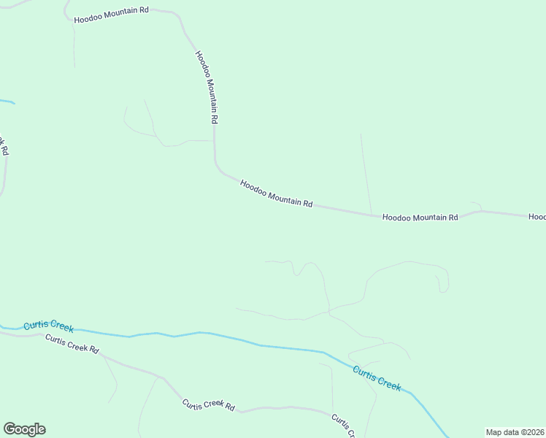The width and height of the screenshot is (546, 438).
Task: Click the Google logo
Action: pos(24,429)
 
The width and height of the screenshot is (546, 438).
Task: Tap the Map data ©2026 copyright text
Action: pos(515,432)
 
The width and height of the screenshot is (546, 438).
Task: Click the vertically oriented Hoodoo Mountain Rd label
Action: pos(207,86)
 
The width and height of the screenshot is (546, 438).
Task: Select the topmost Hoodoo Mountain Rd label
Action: pos(111,16)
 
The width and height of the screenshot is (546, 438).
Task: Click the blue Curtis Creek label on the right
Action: pos(377,378)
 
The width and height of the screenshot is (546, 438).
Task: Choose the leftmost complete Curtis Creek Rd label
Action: pos(72,343)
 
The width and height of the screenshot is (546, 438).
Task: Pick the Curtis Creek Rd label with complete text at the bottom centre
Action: pos(209,406)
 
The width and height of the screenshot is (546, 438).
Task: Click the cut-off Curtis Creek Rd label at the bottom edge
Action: pos(343,426)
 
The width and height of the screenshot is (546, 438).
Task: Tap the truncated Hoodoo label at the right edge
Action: pos(537,217)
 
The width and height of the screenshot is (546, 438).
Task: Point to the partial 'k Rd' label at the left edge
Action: pos(3,146)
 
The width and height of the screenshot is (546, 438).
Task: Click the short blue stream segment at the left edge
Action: pos(7,101)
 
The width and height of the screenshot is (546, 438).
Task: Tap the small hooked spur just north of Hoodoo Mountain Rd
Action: pos(477,205)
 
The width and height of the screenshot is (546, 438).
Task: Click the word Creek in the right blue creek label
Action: pos(388,382)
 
